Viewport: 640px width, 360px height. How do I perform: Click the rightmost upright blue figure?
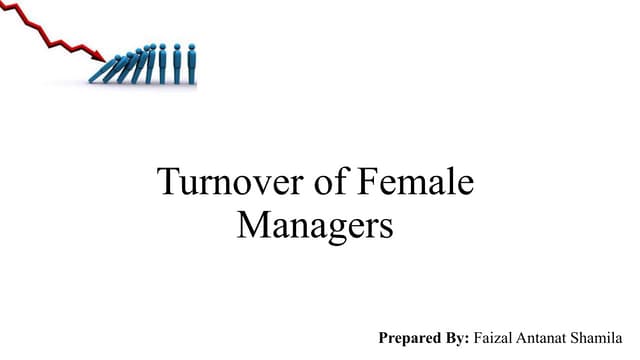tap(190, 63)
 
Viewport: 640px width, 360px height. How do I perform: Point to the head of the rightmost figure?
tap(190, 46)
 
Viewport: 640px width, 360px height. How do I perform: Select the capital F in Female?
tap(366, 185)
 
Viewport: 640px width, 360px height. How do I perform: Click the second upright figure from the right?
tap(176, 63)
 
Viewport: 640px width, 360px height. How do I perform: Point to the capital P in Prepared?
tap(384, 339)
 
